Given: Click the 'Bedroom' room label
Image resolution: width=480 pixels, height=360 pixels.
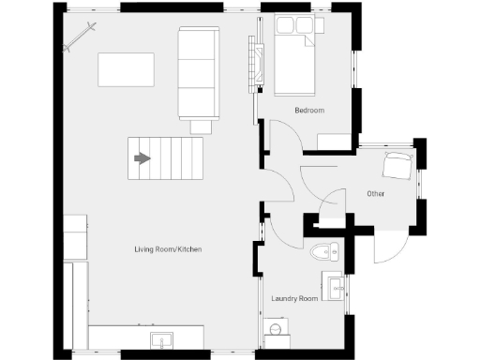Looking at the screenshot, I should [x=308, y=111].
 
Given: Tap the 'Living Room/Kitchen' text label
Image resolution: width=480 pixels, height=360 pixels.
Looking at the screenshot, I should [x=167, y=249].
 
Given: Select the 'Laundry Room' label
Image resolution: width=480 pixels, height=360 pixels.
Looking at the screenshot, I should [x=294, y=299].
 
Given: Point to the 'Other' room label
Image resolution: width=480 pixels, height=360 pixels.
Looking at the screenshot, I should [x=376, y=194].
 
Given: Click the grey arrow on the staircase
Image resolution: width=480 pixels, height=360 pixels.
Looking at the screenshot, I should [x=142, y=158].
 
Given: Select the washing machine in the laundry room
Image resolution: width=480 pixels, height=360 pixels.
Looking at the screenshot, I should [x=274, y=329].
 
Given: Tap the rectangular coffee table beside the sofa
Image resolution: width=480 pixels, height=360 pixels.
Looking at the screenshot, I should [x=127, y=69].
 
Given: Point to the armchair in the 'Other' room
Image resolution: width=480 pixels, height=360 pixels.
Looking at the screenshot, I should [x=397, y=167].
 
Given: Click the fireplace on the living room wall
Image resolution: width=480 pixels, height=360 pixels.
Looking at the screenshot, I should [x=253, y=64].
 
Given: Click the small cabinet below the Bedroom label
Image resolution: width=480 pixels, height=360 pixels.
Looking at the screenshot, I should [x=333, y=142].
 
